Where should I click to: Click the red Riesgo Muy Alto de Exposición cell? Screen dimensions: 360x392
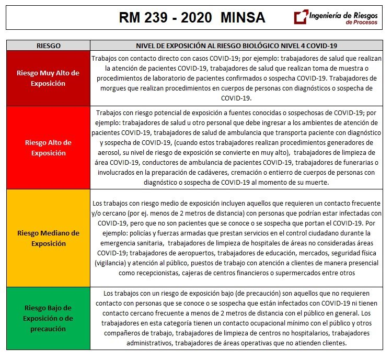[x=48, y=77]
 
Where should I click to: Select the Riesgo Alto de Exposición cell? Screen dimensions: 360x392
[x=48, y=147]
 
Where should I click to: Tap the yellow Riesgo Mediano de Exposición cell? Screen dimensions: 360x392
[x=48, y=238]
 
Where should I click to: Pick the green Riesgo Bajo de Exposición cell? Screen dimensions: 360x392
[x=48, y=318]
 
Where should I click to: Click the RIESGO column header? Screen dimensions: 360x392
[x=48, y=46]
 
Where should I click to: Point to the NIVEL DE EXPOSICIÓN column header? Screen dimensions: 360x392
[x=236, y=46]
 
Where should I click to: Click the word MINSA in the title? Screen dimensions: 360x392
[x=243, y=18]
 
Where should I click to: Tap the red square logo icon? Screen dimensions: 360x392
[x=301, y=17]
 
